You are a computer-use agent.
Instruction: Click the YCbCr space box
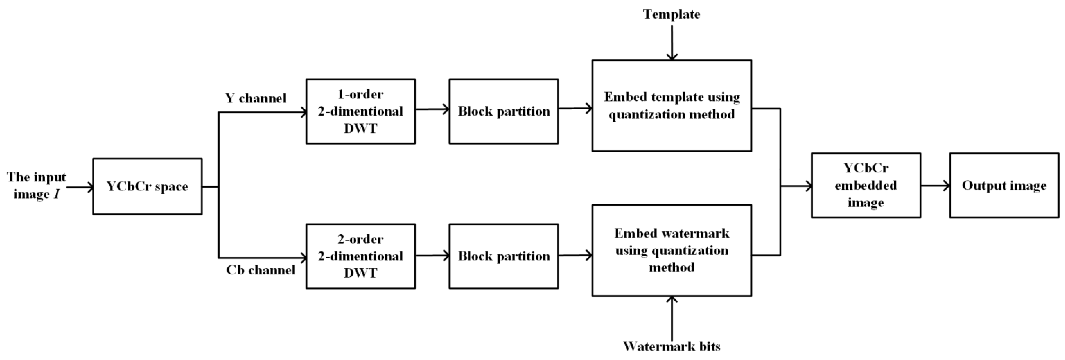point(147,186)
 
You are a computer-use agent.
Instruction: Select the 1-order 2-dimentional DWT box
point(361,111)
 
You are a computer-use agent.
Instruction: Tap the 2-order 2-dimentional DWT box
point(361,256)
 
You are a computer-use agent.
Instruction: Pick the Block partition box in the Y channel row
point(504,111)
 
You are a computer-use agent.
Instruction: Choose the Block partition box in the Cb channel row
point(504,256)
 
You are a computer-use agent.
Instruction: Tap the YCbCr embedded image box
point(866,185)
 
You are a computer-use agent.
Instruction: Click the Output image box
point(1004,185)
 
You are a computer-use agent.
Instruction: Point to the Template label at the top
point(671,14)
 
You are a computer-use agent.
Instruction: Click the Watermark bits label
point(671,346)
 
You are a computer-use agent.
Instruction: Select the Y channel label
point(256,98)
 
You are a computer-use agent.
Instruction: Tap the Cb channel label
point(261,270)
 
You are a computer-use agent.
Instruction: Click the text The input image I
point(36,185)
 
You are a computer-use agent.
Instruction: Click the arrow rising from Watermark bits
point(672,318)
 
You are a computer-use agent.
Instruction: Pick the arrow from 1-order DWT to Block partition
point(432,109)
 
